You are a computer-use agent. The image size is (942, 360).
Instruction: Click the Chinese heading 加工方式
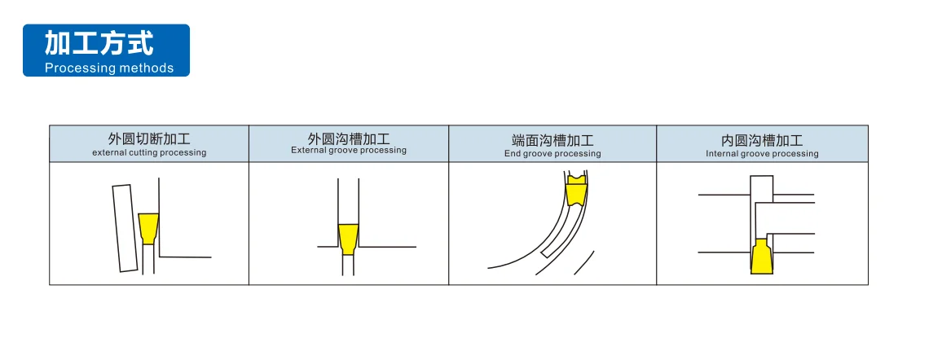point(99,44)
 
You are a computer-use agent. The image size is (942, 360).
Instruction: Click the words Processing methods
point(109,68)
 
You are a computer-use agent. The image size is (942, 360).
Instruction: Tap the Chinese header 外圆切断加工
point(149,140)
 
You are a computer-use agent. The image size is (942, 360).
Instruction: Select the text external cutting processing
point(149,152)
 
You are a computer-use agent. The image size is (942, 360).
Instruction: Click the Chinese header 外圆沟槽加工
point(349,138)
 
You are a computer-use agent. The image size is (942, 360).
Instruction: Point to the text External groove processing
point(349,150)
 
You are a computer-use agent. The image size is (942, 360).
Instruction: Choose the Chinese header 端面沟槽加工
point(552,141)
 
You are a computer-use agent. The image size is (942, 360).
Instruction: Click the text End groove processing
point(552,154)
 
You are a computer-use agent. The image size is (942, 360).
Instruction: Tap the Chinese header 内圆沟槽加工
point(762,141)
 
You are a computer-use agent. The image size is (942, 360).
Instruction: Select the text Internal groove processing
point(762,154)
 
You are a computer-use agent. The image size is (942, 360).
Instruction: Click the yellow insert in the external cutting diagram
point(147,229)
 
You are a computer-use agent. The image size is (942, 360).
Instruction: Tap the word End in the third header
point(512,154)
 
